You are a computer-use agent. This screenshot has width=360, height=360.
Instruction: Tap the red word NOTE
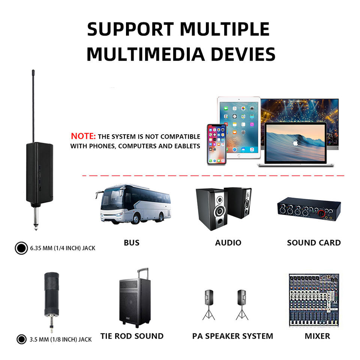tap(83, 136)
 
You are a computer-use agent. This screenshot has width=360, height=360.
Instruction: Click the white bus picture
tap(133, 204)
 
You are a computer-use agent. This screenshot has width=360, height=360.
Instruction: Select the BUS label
tap(132, 243)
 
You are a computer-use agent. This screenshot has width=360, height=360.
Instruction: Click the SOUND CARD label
tap(314, 243)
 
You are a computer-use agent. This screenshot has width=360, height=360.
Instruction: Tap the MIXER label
tap(317, 336)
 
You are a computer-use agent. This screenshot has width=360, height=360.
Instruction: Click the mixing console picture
tap(313, 300)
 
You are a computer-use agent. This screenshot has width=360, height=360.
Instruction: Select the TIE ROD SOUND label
tap(132, 336)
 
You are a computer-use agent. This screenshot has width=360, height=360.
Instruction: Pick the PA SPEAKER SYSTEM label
tap(232, 336)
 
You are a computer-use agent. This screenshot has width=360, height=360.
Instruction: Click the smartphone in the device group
tap(217, 144)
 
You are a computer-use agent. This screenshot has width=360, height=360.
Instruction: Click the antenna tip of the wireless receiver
tap(33, 71)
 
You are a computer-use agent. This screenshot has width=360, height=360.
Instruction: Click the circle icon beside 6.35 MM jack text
tap(21, 248)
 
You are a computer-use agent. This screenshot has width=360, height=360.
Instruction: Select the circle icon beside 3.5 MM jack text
tap(22, 339)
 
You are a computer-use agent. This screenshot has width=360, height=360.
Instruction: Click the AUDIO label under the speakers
tap(228, 243)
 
